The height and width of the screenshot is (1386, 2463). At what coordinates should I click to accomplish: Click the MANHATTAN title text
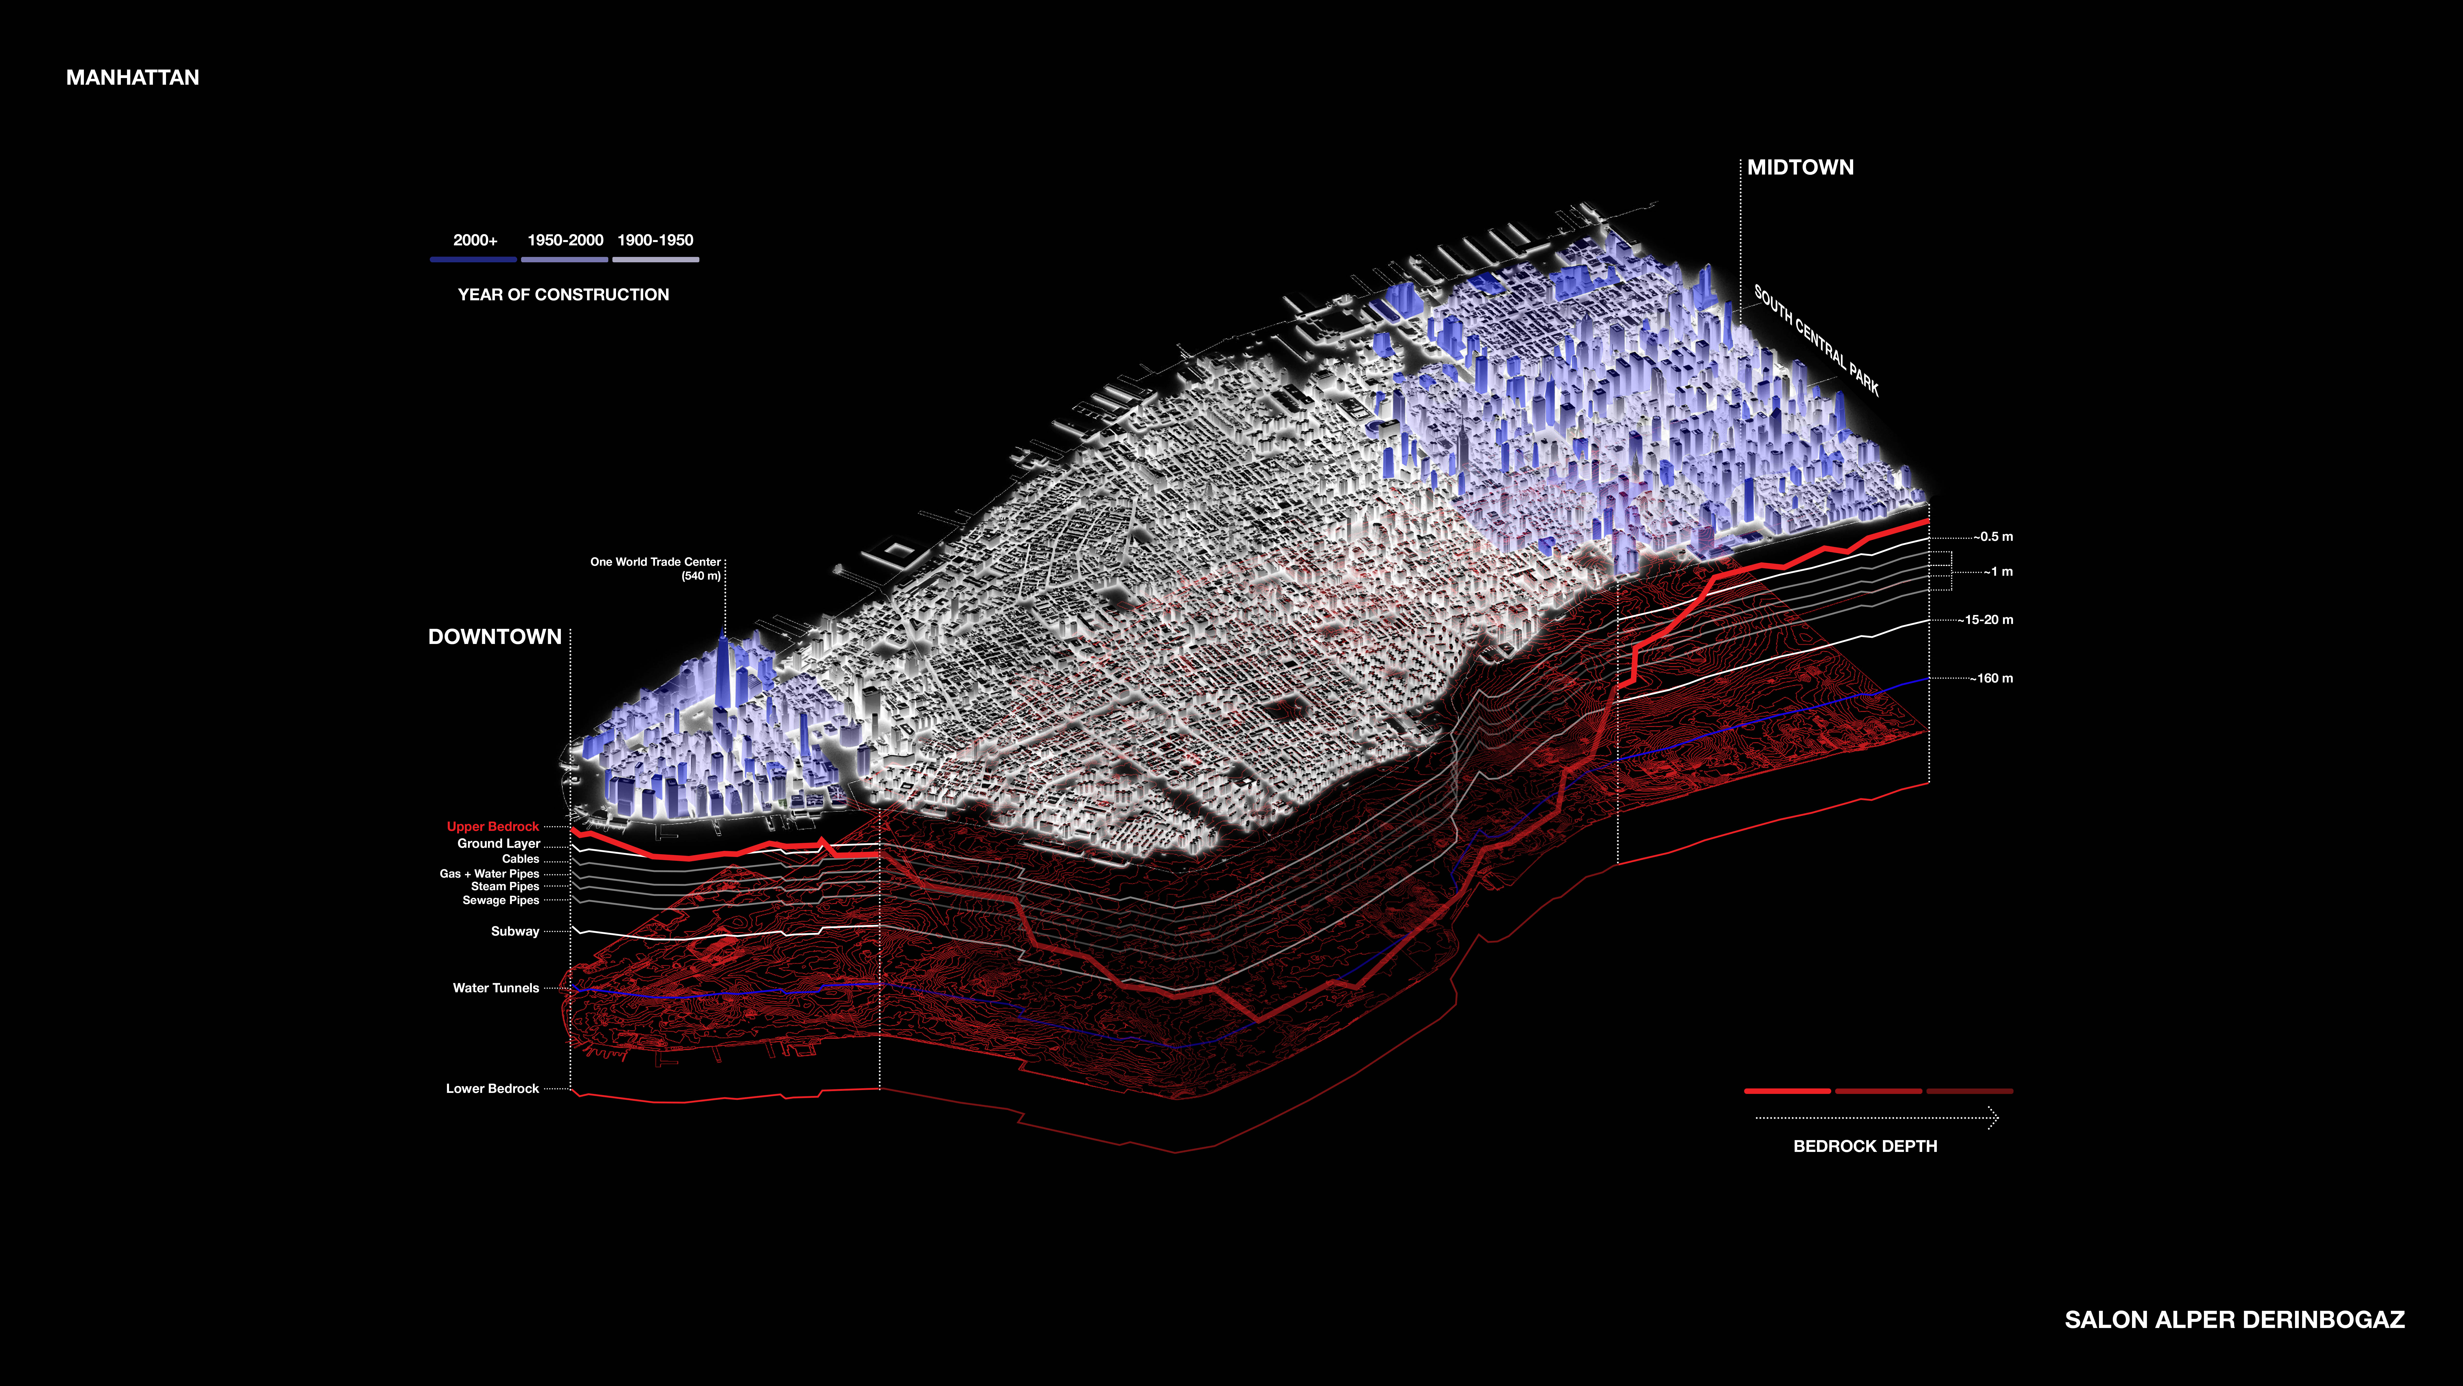tap(132, 78)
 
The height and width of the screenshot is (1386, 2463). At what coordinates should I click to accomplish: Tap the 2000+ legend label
tap(475, 240)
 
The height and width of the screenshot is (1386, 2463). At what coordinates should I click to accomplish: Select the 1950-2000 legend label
tap(565, 240)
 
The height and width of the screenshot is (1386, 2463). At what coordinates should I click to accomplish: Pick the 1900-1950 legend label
tap(655, 240)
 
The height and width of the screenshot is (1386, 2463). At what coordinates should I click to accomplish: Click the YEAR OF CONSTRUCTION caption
tap(563, 295)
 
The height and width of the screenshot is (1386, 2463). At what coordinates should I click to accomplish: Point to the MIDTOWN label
tap(1800, 167)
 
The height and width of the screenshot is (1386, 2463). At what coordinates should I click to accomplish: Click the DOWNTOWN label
tap(494, 637)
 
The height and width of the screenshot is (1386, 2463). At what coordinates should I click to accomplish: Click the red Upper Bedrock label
tap(492, 826)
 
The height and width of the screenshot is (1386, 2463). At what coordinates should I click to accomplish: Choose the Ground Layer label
tap(498, 844)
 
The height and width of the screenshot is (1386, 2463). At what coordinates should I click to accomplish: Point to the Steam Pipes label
tap(505, 887)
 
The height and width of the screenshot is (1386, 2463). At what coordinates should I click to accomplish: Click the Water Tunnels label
tap(495, 988)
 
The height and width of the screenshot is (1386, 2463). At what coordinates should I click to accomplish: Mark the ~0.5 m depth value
tap(1993, 537)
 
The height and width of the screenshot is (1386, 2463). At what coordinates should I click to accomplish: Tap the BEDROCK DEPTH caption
tap(1864, 1146)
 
